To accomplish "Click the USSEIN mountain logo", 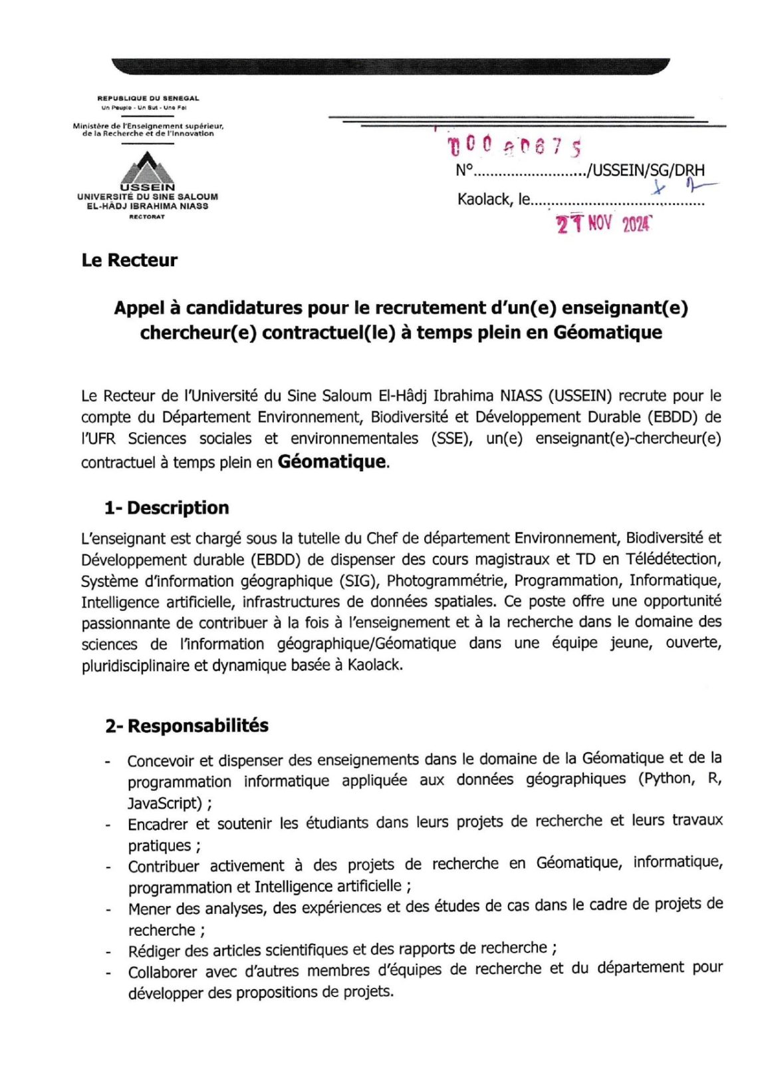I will [147, 168].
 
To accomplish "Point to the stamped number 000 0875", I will [515, 146].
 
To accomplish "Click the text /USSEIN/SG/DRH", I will [646, 170].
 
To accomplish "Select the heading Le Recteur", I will [130, 260].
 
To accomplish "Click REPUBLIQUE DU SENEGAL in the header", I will [148, 99].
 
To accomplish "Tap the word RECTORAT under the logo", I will [147, 217].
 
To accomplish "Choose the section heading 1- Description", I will [166, 508].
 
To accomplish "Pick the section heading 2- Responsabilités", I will [187, 726].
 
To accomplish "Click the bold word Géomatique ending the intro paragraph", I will [332, 462].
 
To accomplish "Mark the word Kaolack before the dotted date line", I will [485, 199].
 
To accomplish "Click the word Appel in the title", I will [138, 308].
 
